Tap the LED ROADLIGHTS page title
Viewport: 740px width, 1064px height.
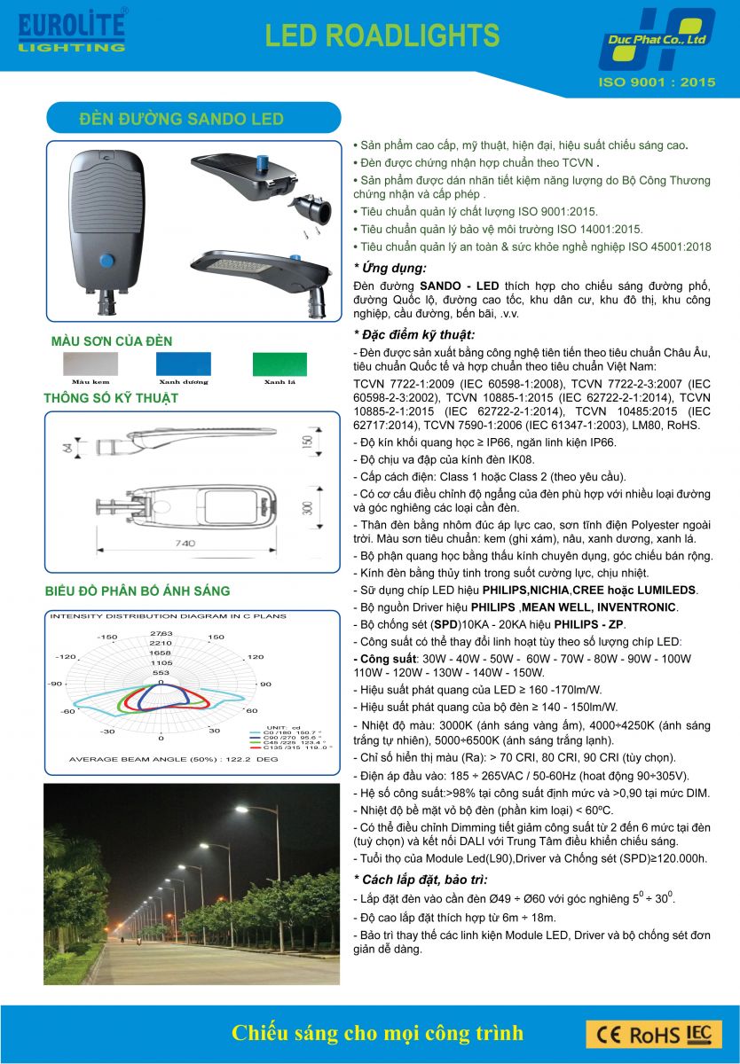[382, 35]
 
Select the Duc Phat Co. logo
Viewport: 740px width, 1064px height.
[657, 40]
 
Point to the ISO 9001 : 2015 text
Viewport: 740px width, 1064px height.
[657, 82]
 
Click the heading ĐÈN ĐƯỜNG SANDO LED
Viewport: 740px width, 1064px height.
[181, 119]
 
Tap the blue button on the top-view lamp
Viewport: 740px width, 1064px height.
[106, 261]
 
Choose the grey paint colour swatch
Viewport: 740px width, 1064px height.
[90, 364]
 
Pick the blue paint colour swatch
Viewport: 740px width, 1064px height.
[184, 364]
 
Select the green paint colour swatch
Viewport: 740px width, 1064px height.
[279, 364]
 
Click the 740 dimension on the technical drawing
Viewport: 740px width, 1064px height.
[185, 543]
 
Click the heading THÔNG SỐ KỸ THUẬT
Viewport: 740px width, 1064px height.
[111, 399]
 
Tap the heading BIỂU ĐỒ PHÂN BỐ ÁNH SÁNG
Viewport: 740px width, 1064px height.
[138, 591]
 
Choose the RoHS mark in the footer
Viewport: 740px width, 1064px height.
[655, 1034]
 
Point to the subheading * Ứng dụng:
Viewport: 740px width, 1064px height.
[390, 268]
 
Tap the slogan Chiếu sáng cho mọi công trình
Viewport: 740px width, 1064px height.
[377, 1033]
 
